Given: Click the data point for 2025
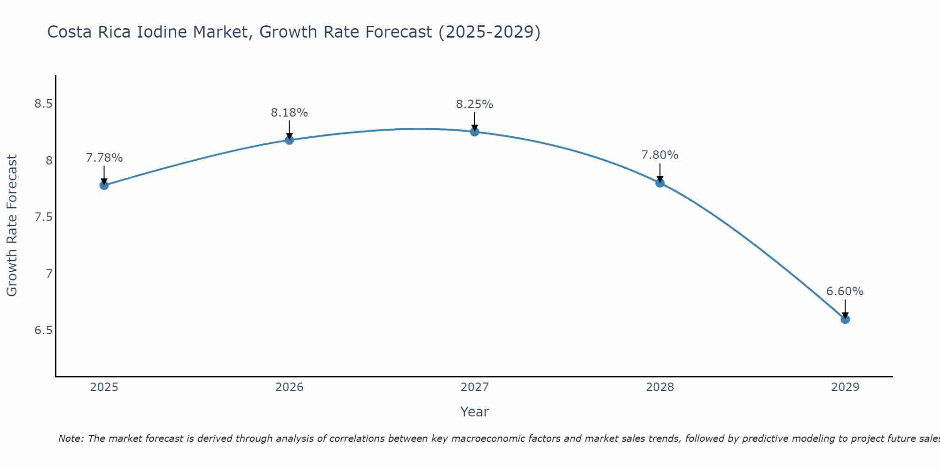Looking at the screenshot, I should coord(104,185).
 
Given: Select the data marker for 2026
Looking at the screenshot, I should coord(289,140).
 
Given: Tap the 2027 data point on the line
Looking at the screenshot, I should coord(474,132).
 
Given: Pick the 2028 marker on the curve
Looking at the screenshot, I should coord(660,183).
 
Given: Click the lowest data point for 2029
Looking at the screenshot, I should coord(845,319).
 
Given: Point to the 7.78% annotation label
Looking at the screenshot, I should coord(104,158).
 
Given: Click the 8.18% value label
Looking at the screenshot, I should coord(289,113).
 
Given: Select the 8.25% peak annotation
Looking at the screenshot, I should coord(474,104).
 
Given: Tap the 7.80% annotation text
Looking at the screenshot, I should coord(660,155).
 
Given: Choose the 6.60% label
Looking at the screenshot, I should coord(845,291).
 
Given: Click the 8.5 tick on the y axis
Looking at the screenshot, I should coord(43,104).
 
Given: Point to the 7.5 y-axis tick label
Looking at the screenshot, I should coord(43,217).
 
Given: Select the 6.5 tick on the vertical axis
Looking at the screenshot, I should coord(43,330).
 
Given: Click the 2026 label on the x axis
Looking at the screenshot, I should coord(289,387).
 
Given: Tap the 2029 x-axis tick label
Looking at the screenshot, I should coord(845,387).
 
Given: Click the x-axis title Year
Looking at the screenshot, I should coord(474,412).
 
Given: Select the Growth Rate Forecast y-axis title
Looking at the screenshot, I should coord(12,226).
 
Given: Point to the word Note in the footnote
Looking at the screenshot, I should coord(70,439).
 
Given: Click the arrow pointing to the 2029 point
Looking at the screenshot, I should coord(845,309).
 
